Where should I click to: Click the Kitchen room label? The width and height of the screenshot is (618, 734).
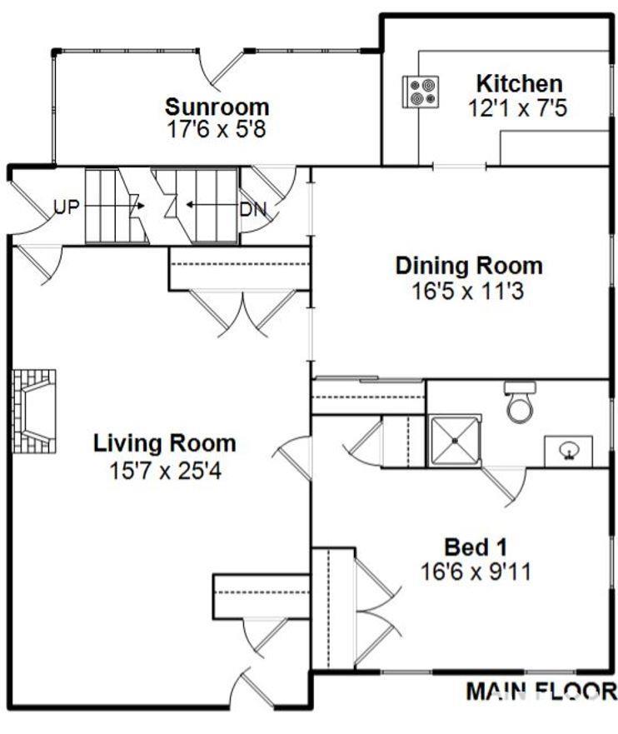coord(519,84)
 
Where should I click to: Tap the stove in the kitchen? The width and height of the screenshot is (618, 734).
coord(421,92)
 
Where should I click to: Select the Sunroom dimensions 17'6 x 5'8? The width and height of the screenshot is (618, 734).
coord(217,129)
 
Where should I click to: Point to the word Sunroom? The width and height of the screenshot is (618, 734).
coord(217,107)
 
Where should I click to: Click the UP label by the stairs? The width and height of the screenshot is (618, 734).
coord(67,207)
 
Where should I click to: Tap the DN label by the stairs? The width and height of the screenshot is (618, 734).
coord(253,209)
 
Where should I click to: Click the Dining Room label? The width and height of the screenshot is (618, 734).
coord(469,266)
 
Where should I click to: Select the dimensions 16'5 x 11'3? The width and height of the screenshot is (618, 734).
coord(468,291)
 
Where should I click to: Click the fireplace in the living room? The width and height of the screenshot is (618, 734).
coord(34,411)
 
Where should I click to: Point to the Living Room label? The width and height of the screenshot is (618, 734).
coord(165,443)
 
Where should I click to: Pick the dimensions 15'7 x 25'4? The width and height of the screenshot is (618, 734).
coord(165,471)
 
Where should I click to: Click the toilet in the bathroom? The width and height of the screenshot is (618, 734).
coord(520,402)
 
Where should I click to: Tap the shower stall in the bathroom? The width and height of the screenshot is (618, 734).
coord(455,441)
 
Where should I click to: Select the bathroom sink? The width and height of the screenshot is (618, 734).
coord(569,452)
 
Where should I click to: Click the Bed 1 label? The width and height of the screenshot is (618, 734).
coord(476,547)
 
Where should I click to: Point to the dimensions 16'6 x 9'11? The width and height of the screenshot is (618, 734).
coord(476,572)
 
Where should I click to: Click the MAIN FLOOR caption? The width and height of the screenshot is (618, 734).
coord(541,691)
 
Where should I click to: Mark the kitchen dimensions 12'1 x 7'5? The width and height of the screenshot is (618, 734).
coord(518,108)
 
